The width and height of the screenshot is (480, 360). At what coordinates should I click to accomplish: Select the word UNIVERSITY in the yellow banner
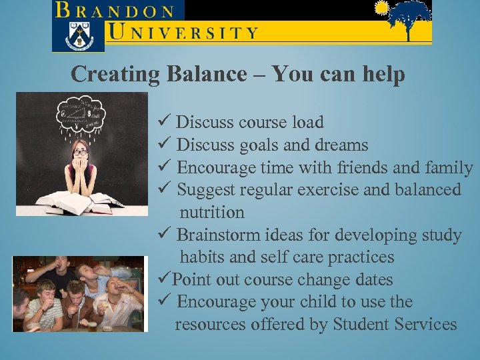click(183, 32)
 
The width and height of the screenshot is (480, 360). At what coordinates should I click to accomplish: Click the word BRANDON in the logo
click(116, 11)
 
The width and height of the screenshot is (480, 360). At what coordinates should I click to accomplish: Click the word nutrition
click(212, 212)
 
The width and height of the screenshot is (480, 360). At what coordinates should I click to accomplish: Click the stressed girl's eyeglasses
click(81, 152)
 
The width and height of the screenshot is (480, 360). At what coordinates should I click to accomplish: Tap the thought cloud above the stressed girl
click(81, 114)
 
